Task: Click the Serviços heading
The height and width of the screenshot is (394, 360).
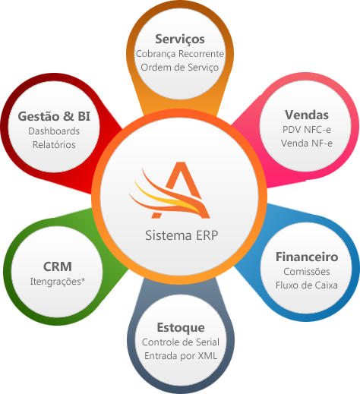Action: pos(179,39)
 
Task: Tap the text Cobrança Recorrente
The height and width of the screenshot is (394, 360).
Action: pos(179,54)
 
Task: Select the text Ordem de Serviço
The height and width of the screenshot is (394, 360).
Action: pos(179,68)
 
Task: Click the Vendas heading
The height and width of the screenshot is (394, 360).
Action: pos(306,115)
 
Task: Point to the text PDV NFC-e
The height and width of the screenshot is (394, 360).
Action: pos(306,130)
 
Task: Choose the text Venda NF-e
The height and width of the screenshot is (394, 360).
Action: pos(306,143)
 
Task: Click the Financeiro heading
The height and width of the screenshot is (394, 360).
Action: pos(306,257)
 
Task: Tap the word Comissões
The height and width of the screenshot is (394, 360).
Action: pos(306,272)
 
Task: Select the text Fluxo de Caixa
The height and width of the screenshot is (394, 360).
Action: pos(306,285)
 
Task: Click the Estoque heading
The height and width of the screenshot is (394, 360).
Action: pos(180,327)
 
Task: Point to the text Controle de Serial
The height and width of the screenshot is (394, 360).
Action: pos(180,342)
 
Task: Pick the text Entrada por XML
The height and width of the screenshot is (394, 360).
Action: pos(180,356)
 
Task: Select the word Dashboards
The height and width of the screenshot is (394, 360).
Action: pos(54,131)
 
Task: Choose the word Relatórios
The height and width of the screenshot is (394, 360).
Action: pos(54,144)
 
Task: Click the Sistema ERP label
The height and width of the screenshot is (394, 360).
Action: pos(180,235)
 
